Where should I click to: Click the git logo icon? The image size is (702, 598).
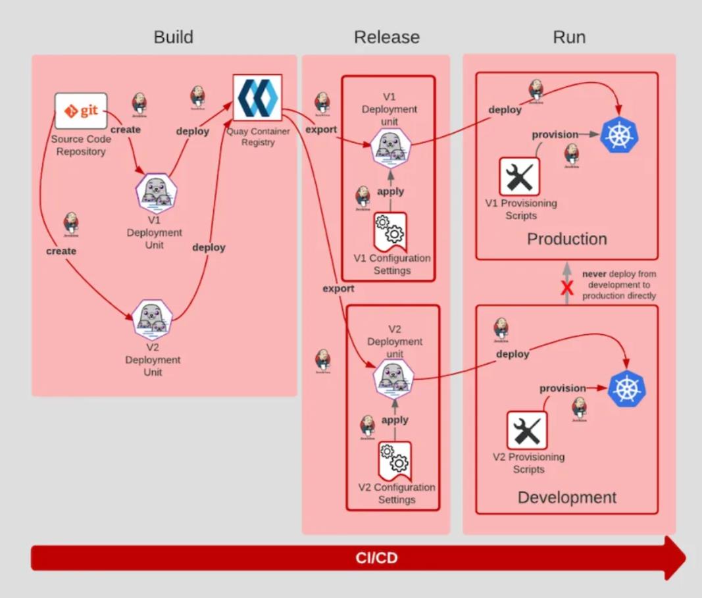coord(81,111)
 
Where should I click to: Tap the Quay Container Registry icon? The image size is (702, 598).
coord(257,97)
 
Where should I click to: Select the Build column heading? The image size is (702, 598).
coord(173,37)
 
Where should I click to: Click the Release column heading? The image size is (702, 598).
coord(386,37)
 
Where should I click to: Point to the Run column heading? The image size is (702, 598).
coord(569,37)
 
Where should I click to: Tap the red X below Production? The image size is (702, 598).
coord(567,287)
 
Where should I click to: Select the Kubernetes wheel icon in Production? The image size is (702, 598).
coord(620,135)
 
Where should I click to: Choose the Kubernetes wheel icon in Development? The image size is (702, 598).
coord(627,388)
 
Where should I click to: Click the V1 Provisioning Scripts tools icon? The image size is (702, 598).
coord(519,176)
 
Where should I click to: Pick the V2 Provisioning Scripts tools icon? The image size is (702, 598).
coord(527,430)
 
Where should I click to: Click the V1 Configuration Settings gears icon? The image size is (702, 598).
coord(390,230)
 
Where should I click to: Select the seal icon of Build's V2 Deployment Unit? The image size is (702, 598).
coord(153,319)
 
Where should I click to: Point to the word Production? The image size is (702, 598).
coord(566,239)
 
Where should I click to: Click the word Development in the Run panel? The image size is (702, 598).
coord(567,497)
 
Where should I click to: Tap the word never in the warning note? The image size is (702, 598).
coord(594,274)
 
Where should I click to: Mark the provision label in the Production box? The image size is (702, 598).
coord(555,135)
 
